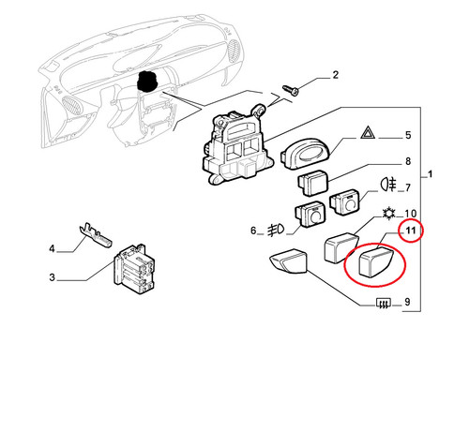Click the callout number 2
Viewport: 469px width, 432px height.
point(335,75)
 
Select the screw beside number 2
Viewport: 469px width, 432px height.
point(291,89)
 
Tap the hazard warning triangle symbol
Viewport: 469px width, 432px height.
point(368,132)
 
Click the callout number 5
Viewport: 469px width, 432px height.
point(408,135)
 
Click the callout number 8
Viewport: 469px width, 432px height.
point(408,161)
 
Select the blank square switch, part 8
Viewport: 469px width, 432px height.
point(312,183)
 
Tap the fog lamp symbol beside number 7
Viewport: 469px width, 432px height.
point(388,184)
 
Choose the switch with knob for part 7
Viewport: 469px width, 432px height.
point(344,201)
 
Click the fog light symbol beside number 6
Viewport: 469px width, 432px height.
point(276,230)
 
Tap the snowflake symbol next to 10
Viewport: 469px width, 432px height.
point(389,214)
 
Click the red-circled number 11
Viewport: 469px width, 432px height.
point(411,231)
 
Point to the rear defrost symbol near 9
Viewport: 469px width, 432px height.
point(384,303)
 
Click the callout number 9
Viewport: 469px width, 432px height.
point(407,302)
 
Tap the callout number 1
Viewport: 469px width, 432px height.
point(431,174)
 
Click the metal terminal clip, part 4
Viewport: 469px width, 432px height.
point(95,235)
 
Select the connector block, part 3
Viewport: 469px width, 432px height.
point(134,268)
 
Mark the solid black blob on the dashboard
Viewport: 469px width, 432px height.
point(147,82)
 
